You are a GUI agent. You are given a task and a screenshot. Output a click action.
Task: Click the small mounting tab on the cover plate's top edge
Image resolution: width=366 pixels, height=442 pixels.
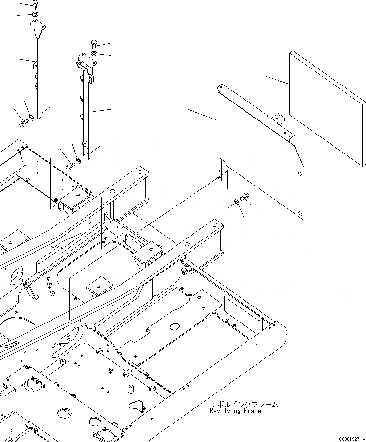point(277,118)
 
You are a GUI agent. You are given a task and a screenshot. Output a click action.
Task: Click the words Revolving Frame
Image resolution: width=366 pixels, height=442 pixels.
point(235,411)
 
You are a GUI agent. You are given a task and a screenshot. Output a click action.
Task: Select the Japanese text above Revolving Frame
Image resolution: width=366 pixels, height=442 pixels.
point(244,404)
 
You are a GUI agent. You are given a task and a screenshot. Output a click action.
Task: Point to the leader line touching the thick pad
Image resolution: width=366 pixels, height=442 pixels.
point(277,80)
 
